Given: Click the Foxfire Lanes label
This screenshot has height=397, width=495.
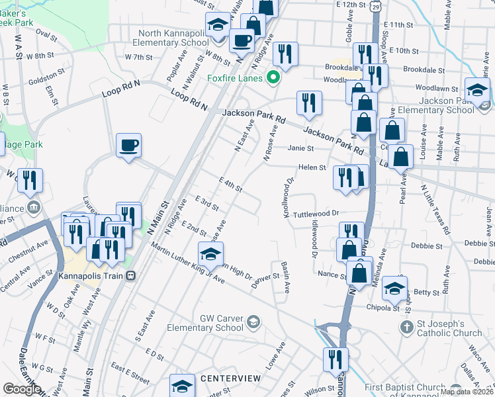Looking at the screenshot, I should [x=235, y=78].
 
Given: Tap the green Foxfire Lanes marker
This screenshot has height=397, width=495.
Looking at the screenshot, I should [x=271, y=79].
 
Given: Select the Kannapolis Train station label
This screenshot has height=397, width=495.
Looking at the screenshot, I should [x=91, y=275].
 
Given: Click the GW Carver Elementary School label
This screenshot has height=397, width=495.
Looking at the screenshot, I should [x=222, y=323].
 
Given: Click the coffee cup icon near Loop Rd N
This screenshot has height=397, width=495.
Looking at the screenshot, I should [x=128, y=145].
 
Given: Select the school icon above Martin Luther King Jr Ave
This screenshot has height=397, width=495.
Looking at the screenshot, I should [x=210, y=253].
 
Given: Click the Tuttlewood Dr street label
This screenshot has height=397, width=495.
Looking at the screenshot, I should [x=316, y=214].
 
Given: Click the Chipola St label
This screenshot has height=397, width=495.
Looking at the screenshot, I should [x=381, y=307].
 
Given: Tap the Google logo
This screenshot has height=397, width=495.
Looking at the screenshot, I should [x=22, y=389].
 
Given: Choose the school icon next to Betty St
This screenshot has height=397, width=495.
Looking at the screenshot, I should [x=394, y=287].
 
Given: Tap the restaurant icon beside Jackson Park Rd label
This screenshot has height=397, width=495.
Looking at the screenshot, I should [x=309, y=102].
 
